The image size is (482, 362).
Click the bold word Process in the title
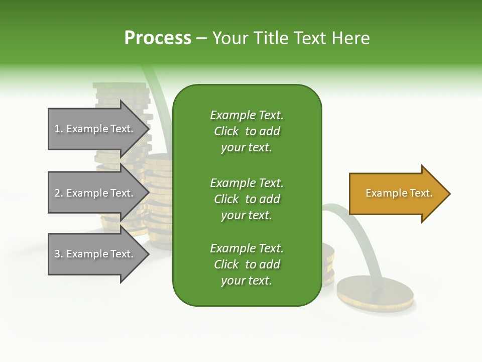pyautogui.click(x=158, y=38)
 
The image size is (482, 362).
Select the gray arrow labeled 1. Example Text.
pyautogui.click(x=95, y=129)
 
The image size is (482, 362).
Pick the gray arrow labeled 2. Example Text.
pyautogui.click(x=95, y=193)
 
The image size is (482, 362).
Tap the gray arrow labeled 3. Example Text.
pyautogui.click(x=95, y=254)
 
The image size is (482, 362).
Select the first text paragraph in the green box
pyautogui.click(x=247, y=131)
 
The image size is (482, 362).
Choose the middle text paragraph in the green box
pyautogui.click(x=247, y=199)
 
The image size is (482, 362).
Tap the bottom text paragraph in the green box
pyautogui.click(x=247, y=264)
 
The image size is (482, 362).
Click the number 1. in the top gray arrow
pyautogui.click(x=59, y=129)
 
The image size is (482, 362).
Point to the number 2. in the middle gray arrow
pyautogui.click(x=59, y=193)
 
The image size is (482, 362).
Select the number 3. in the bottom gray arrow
pyautogui.click(x=59, y=254)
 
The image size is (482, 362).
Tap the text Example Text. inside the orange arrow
pyautogui.click(x=399, y=193)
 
